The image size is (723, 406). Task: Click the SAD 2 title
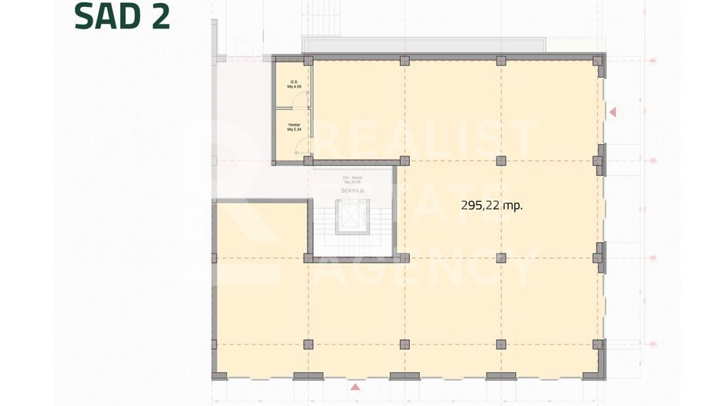[122, 17]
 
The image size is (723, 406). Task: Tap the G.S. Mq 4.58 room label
[294, 84]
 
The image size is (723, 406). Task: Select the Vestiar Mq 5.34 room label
[294, 127]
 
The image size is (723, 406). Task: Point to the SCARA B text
[352, 190]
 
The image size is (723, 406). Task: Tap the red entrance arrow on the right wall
[613, 112]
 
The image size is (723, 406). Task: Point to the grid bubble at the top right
[652, 60]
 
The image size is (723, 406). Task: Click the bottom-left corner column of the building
[219, 375]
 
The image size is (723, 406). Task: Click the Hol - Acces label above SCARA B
[352, 180]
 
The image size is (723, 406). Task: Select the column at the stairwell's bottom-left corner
[308, 258]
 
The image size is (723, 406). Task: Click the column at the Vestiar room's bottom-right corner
[308, 161]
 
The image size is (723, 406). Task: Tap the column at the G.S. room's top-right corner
[308, 61]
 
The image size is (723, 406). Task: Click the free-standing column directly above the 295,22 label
[502, 161]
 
